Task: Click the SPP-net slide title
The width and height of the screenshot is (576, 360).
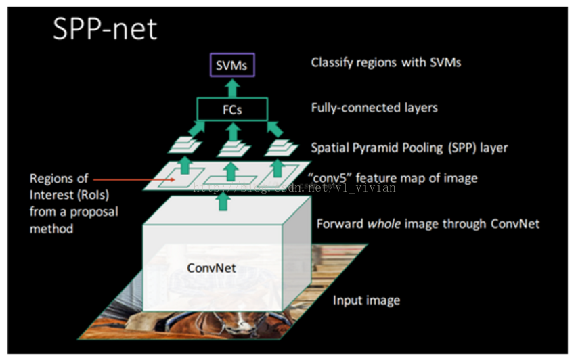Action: tap(104, 29)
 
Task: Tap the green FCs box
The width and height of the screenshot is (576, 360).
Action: tap(232, 109)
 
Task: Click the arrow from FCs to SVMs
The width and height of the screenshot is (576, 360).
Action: tap(232, 87)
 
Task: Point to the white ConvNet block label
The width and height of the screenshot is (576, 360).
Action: tap(211, 268)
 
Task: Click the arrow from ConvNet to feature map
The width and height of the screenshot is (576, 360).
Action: tap(223, 201)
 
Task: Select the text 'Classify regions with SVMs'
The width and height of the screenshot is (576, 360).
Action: tap(386, 62)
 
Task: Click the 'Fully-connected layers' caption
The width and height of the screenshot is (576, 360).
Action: tap(374, 107)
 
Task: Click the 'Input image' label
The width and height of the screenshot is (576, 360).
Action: tap(366, 300)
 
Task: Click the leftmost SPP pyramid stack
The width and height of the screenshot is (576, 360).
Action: tap(185, 145)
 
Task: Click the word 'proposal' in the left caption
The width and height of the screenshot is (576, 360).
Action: tap(94, 212)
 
